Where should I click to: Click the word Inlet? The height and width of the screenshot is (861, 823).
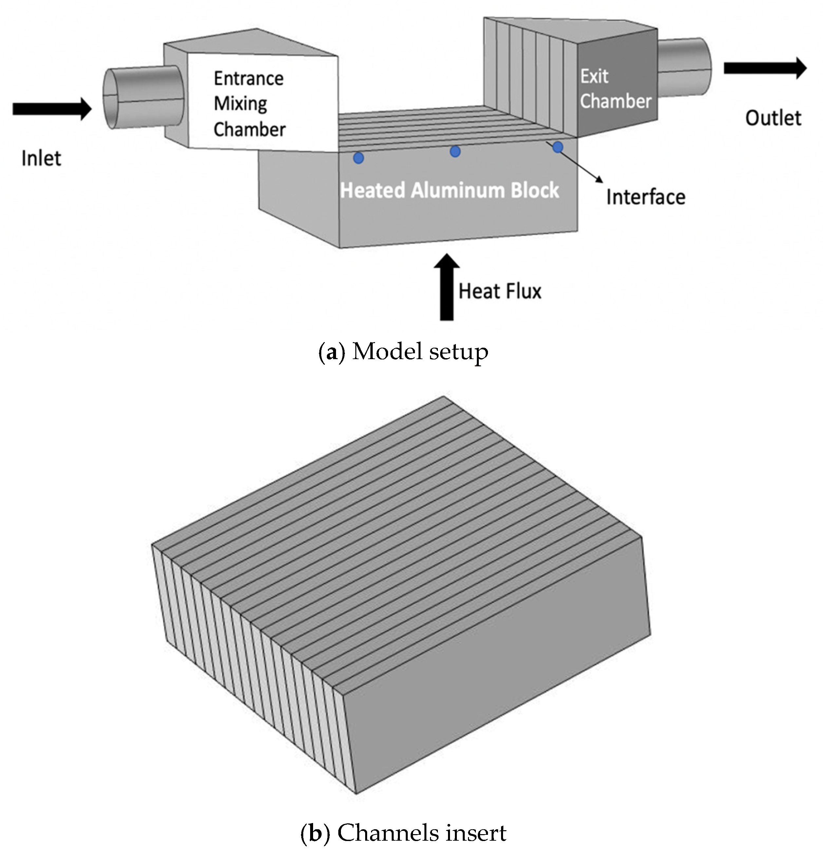point(41,158)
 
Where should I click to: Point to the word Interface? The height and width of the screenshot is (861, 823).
point(645,197)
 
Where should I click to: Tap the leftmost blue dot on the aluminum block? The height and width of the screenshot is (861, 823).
point(358,158)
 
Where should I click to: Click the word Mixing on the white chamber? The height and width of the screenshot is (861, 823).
point(240,104)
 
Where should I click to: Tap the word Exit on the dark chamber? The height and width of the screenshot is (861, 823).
point(594,76)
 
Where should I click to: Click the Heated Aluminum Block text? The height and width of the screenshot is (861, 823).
point(449,190)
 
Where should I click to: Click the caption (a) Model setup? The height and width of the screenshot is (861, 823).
point(403,352)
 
